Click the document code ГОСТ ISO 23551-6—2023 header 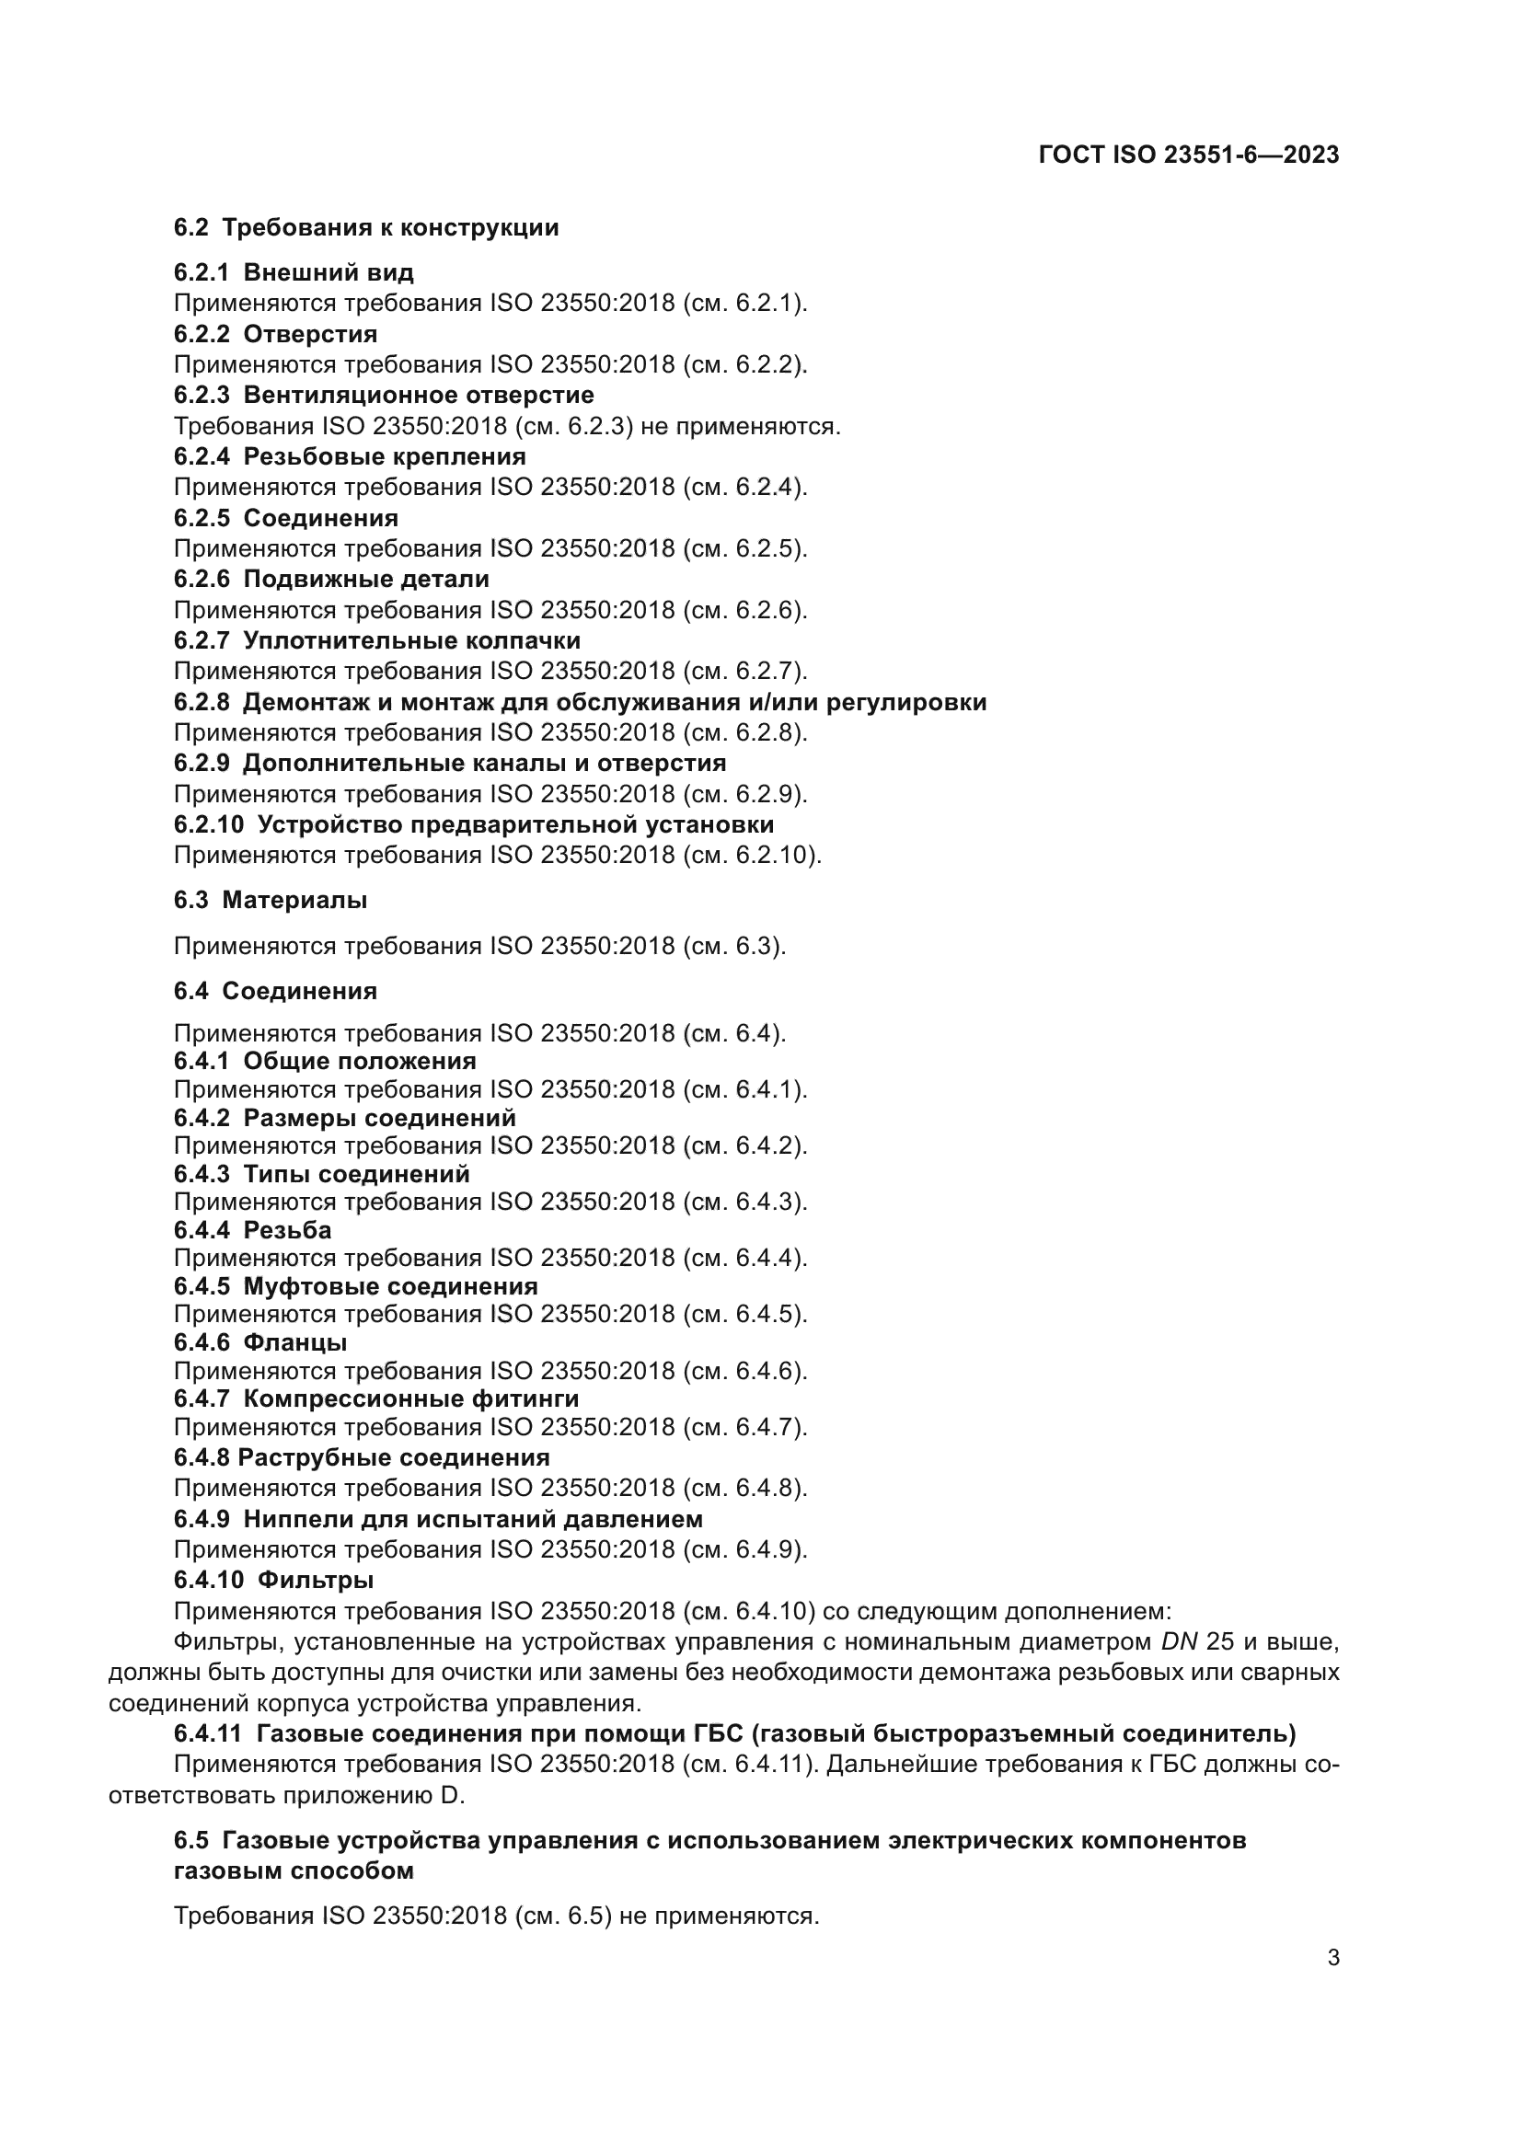(1188, 155)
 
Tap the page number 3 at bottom (1332, 1958)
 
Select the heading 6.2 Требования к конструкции (365, 228)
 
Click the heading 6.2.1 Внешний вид (294, 272)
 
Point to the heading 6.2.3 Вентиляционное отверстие (384, 396)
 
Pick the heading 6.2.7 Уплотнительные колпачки (376, 641)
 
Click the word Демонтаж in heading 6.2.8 (304, 703)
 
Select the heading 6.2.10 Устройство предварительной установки (473, 825)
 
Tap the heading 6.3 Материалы (270, 901)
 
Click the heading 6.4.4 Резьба (252, 1230)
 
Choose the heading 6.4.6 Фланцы (259, 1343)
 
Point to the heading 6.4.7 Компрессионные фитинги (375, 1399)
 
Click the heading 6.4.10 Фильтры (273, 1581)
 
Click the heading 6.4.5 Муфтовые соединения (355, 1287)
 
